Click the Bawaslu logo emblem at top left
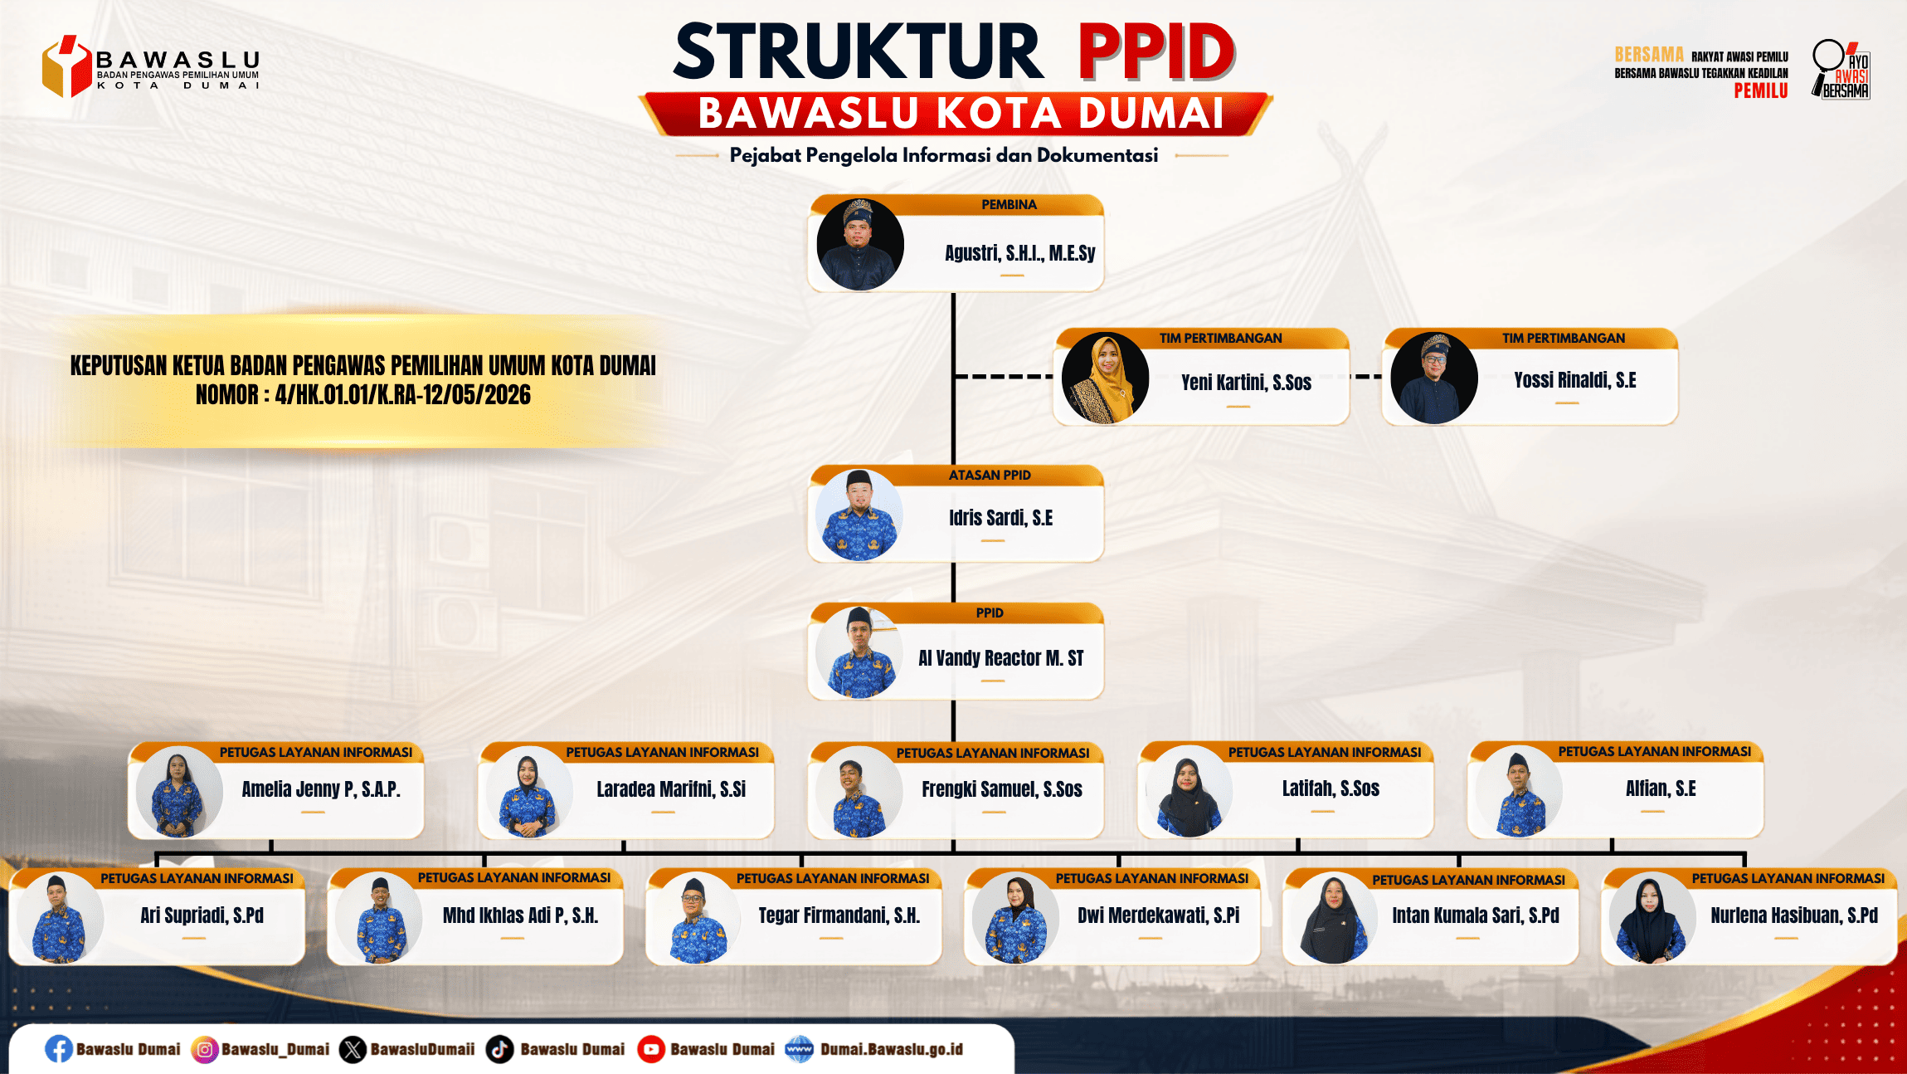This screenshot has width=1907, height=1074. point(66,66)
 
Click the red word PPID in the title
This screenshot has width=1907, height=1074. point(1156,51)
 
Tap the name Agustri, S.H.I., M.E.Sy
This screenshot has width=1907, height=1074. point(1019,253)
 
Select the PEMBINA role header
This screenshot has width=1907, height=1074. point(1009,204)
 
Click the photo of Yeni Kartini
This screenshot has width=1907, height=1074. point(1105,378)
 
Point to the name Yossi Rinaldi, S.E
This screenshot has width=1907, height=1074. point(1574,380)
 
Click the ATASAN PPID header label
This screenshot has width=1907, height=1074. point(990,475)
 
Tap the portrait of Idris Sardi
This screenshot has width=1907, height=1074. point(859,515)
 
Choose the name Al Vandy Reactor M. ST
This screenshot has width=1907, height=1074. point(1000,658)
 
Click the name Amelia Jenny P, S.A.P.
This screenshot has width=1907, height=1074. point(321,789)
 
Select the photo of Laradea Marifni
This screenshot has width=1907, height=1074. point(528,792)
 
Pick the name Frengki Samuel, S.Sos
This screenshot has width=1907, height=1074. point(1002,789)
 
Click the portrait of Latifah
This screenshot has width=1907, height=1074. point(1189,791)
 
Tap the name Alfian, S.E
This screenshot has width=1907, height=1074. point(1661,788)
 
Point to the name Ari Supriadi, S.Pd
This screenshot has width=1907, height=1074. point(202,915)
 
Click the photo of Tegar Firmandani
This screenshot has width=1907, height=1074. point(697,918)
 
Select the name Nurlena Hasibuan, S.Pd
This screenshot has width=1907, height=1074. point(1793,915)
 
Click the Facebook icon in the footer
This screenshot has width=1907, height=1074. point(59,1049)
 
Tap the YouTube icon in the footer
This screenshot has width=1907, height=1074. point(651,1049)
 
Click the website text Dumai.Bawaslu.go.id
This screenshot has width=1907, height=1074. point(892,1049)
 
